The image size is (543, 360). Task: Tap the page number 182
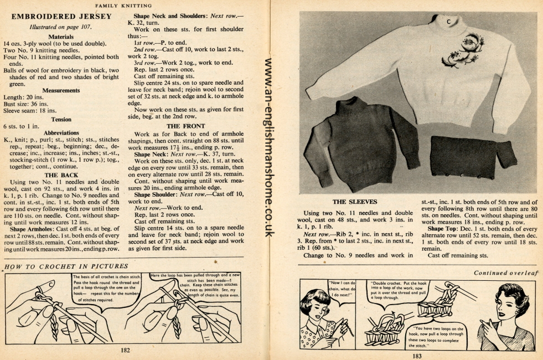(125, 349)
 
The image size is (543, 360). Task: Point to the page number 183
(417, 355)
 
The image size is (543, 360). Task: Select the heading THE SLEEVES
(354, 202)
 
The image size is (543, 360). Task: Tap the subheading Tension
(61, 119)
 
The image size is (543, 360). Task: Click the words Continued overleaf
(506, 272)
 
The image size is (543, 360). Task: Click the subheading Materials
(61, 37)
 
